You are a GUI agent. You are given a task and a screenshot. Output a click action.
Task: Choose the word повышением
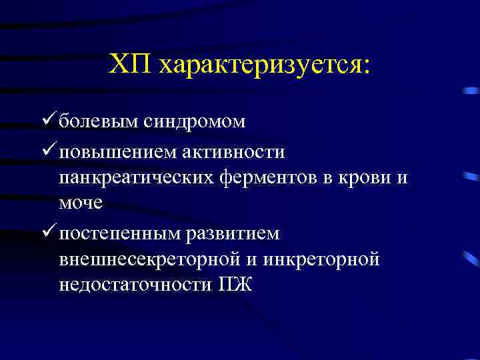point(117,153)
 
